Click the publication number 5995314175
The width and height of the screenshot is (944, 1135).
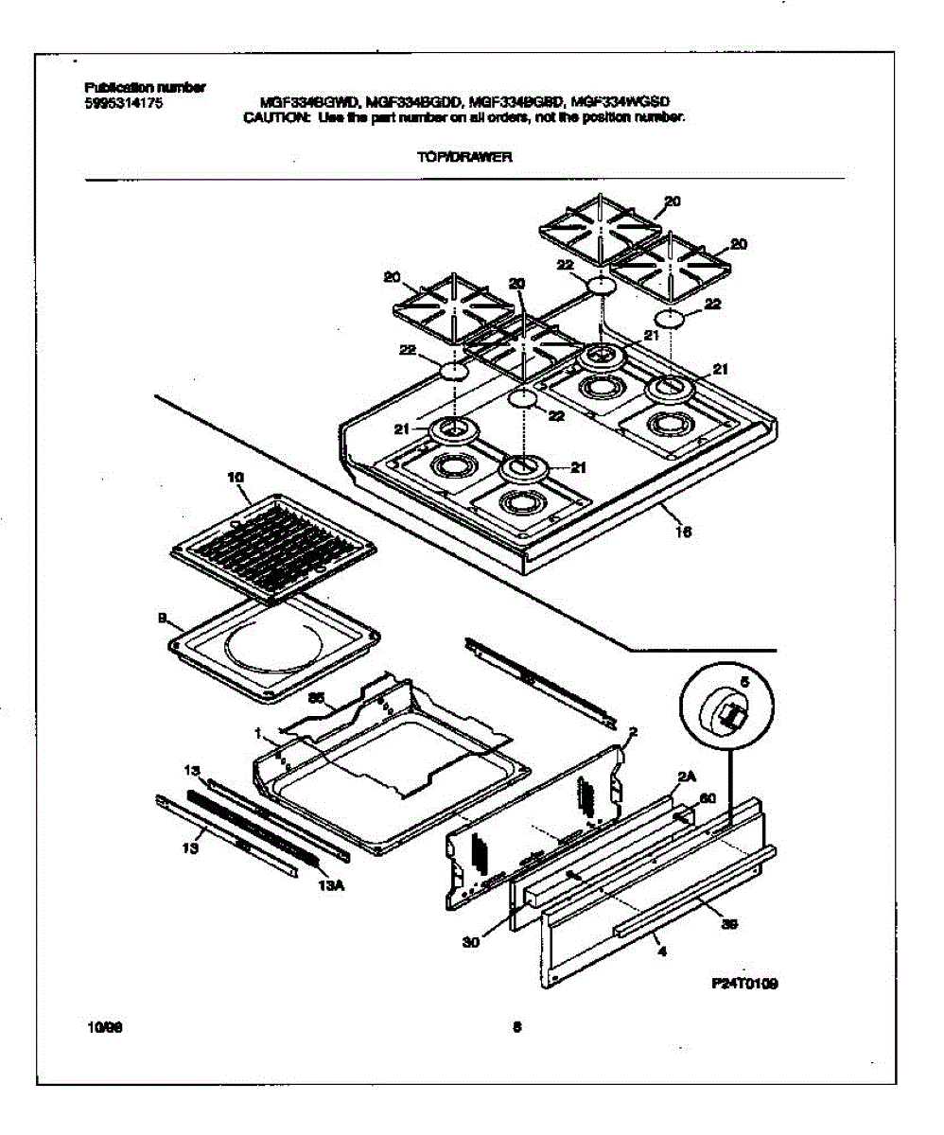(124, 104)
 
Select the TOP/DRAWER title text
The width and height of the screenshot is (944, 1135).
(463, 159)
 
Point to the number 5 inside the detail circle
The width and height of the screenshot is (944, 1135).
(743, 681)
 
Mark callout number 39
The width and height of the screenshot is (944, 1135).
(729, 924)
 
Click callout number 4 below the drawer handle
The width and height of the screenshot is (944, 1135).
(661, 952)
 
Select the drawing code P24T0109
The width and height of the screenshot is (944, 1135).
(744, 984)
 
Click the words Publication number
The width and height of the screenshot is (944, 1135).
(145, 88)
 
